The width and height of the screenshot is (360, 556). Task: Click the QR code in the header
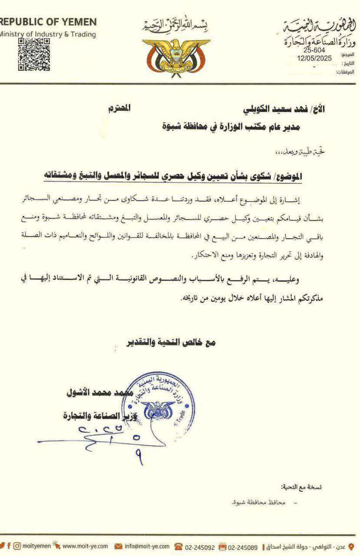click(34, 54)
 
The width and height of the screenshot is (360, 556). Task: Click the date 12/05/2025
click(314, 57)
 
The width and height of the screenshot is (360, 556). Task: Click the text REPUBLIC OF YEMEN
click(48, 22)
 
